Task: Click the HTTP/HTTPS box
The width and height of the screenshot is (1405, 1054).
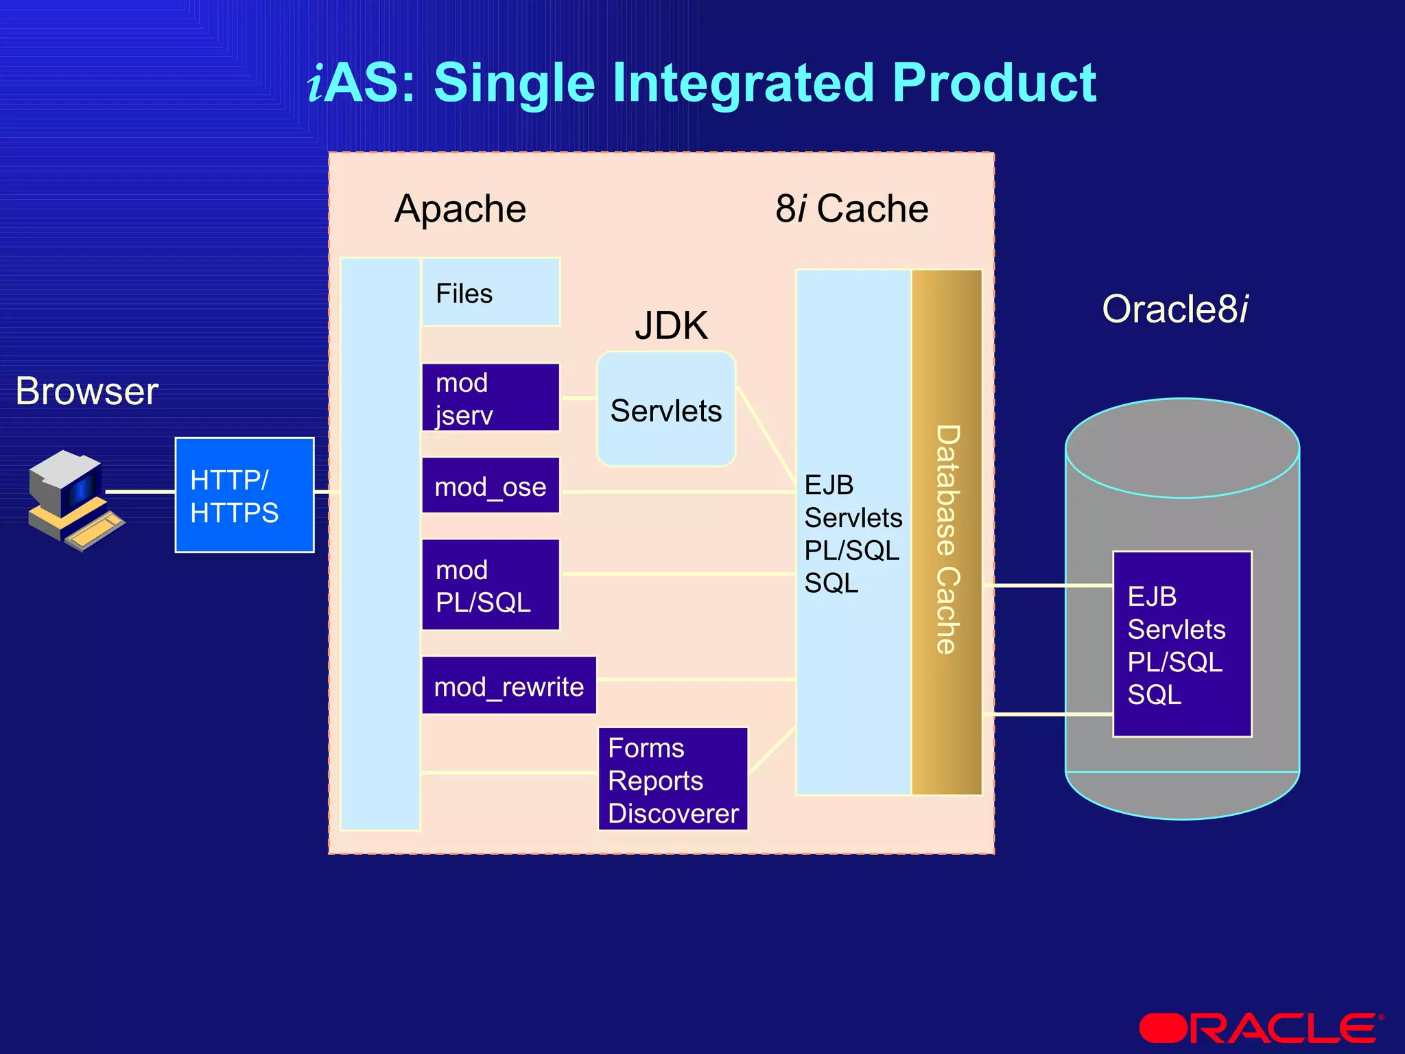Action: tap(244, 495)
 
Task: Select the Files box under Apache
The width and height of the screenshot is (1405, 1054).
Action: tap(491, 292)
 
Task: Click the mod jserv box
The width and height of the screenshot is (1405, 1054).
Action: tap(491, 397)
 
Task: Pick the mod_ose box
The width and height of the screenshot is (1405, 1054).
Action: tap(491, 486)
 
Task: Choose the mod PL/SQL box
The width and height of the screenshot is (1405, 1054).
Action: tap(491, 585)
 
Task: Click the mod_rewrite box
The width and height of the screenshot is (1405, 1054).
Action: tap(508, 686)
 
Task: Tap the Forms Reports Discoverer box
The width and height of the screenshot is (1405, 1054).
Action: tap(673, 780)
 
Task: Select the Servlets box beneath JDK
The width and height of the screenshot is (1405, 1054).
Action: tap(666, 410)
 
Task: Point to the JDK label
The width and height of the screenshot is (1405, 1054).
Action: tap(671, 325)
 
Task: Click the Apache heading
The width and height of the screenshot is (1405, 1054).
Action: tap(460, 209)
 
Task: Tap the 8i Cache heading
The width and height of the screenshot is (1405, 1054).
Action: tap(851, 209)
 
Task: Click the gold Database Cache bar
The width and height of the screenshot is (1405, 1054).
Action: tap(947, 532)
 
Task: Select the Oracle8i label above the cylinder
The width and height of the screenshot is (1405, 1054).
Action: tap(1175, 309)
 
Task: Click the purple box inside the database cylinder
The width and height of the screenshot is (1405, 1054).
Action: tap(1182, 644)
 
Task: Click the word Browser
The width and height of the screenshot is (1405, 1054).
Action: tap(87, 391)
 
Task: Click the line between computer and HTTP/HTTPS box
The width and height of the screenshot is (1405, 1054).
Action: tap(139, 492)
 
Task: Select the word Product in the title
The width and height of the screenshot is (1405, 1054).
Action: tap(994, 82)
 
